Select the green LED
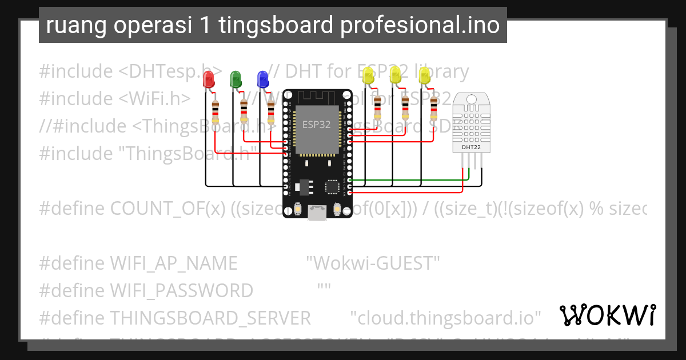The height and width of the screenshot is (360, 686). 235,79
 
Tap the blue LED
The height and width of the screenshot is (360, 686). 262,79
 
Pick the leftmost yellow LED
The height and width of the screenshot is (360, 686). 369,76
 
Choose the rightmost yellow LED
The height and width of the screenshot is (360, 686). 424,76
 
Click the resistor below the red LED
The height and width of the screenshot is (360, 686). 215,112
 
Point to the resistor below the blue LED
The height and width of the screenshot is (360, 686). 271,112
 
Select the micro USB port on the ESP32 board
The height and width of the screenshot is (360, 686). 316,213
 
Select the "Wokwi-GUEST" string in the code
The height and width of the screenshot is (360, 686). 373,263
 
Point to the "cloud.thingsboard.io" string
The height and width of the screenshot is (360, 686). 446,317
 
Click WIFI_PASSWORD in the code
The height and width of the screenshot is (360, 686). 181,291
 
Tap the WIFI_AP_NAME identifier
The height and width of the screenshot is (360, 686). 173,263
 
